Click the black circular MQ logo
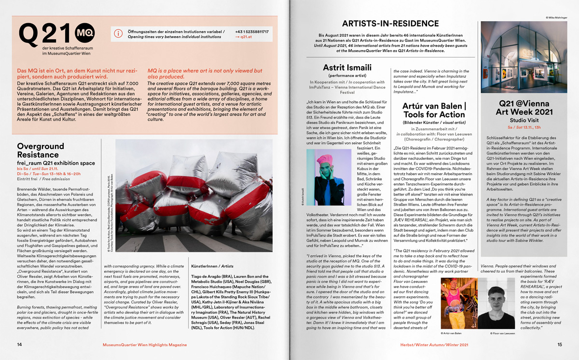click(x=84, y=32)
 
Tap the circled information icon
click(x=118, y=33)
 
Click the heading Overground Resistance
click(x=41, y=150)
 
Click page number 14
click(x=19, y=345)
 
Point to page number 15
click(x=560, y=345)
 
